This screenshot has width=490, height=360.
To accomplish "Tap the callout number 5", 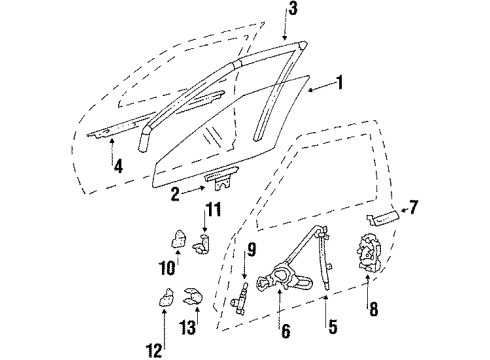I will [327, 326].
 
